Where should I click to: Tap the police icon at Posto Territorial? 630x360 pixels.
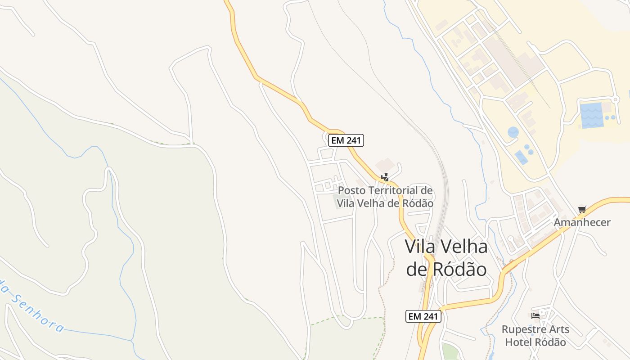coord(385,177)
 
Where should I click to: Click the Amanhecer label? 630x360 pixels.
coord(582,222)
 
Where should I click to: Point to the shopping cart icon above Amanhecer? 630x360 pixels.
coord(582,209)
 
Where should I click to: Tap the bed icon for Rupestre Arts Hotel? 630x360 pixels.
coord(535,316)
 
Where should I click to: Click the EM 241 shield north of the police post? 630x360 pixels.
coord(346,140)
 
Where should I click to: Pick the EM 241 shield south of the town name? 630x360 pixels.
coord(423,316)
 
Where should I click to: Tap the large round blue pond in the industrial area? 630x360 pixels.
coord(513,132)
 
